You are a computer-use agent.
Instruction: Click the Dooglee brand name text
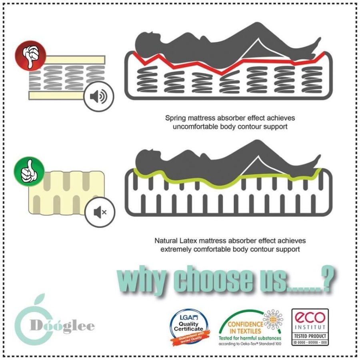62,326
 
